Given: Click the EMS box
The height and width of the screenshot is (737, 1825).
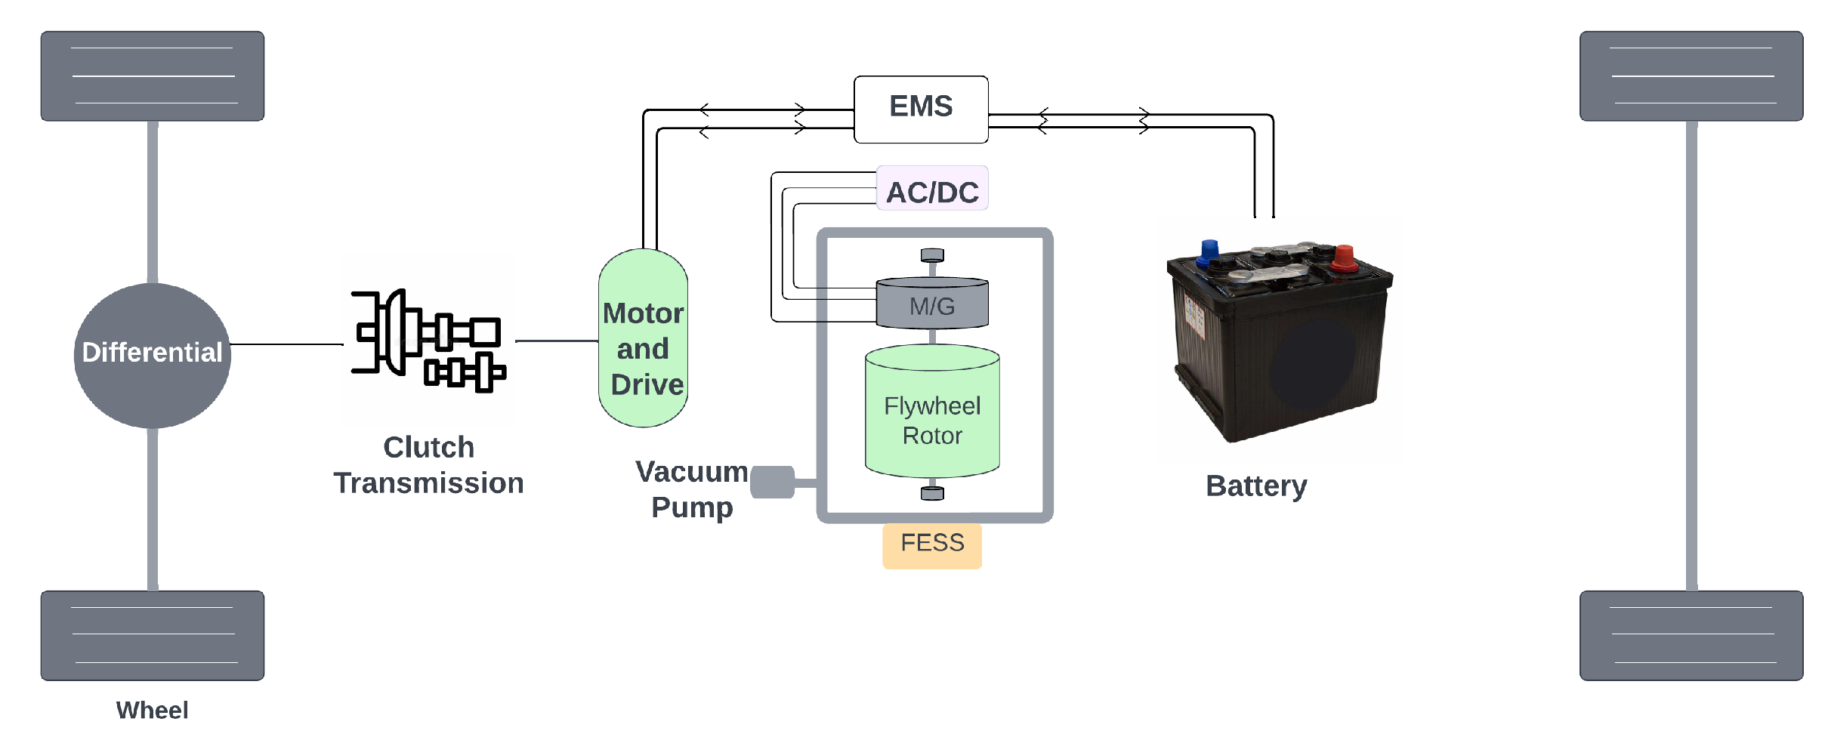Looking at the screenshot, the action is (x=921, y=109).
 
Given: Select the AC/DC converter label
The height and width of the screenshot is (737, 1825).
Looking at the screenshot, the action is (x=932, y=189).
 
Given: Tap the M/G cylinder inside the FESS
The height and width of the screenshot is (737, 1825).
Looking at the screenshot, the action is (x=932, y=303).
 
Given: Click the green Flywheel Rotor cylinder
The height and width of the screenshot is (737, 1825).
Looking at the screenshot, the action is (x=932, y=412).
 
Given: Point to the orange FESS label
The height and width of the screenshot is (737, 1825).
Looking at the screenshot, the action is (x=932, y=545).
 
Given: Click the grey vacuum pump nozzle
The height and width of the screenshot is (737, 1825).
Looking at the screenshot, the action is (x=773, y=483).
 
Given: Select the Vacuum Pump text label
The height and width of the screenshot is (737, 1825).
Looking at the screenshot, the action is (x=692, y=489).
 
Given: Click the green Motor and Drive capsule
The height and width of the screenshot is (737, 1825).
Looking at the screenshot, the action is (x=643, y=338).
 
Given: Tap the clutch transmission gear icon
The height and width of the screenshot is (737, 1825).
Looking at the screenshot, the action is (x=428, y=341).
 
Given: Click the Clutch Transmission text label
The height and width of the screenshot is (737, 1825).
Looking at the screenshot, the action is (x=428, y=465).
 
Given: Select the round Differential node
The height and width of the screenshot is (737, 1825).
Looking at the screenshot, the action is (x=153, y=356).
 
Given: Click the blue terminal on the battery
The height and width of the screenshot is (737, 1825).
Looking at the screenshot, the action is (x=1209, y=251).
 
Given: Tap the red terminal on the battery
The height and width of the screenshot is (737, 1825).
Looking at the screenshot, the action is (x=1344, y=257).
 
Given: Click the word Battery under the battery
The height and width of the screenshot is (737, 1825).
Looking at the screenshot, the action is (x=1256, y=486).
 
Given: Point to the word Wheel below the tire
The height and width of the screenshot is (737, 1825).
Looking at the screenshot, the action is (x=152, y=710).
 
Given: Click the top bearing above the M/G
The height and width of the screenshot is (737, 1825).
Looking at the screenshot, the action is (x=932, y=255).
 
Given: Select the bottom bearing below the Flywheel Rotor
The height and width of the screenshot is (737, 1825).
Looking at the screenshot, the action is (x=932, y=493).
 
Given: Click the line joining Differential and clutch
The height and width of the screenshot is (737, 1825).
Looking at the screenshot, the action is (x=287, y=344).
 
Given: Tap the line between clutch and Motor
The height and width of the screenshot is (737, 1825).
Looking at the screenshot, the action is (x=557, y=341).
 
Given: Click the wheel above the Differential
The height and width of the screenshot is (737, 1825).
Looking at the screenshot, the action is (x=153, y=76).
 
